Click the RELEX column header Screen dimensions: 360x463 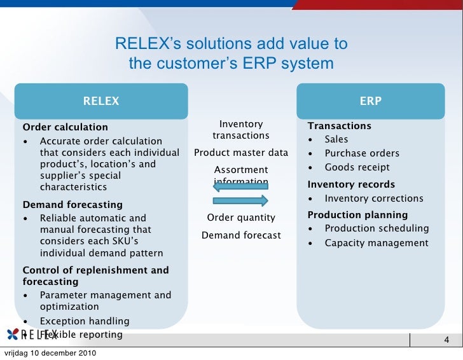101,101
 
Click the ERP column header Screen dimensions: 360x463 371,101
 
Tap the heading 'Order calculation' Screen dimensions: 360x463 66,127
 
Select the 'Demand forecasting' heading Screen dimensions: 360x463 73,205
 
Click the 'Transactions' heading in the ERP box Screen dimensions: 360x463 340,126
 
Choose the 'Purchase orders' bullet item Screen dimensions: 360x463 362,153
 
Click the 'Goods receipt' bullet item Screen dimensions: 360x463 357,168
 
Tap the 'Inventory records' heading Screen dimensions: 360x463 351,184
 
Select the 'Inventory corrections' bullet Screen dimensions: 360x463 373,198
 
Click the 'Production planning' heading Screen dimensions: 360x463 357,215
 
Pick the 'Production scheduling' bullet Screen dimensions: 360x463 377,228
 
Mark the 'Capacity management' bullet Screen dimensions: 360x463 377,243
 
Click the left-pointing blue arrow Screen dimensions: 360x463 241,186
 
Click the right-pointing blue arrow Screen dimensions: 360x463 241,201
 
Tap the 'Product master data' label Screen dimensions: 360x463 241,153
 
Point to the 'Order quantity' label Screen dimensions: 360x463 241,218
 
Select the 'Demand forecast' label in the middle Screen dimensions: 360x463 241,235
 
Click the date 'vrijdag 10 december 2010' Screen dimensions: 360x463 50,353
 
